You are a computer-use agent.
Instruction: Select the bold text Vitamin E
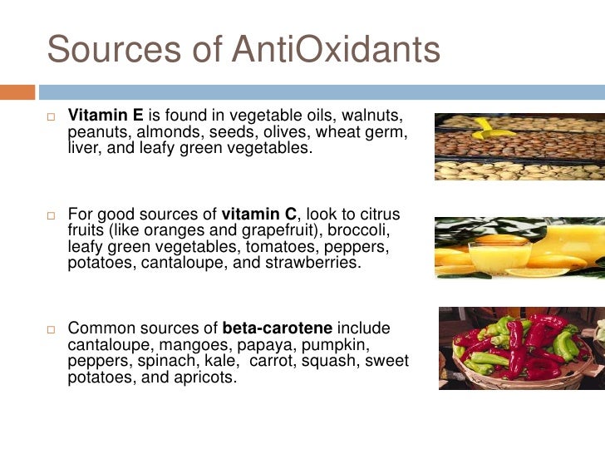point(104,114)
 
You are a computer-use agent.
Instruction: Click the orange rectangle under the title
point(17,91)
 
